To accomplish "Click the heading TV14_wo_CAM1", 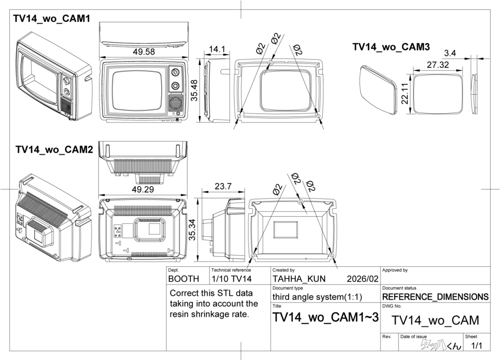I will pos(52,19).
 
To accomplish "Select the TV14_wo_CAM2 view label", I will pos(54,149).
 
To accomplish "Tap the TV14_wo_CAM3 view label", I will pos(391,47).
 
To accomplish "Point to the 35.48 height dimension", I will pos(194,91).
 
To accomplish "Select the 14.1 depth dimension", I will pos(217,49).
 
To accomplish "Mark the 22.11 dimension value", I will pos(405,93).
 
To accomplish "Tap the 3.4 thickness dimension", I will pos(450,53).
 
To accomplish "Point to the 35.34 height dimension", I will pos(193,229).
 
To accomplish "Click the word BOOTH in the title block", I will pos(184,279).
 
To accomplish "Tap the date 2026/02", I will pos(362,279).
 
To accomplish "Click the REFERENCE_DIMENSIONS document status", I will pos(435,297).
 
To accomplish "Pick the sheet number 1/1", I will pos(476,346).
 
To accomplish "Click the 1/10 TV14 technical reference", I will pos(231,279).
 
